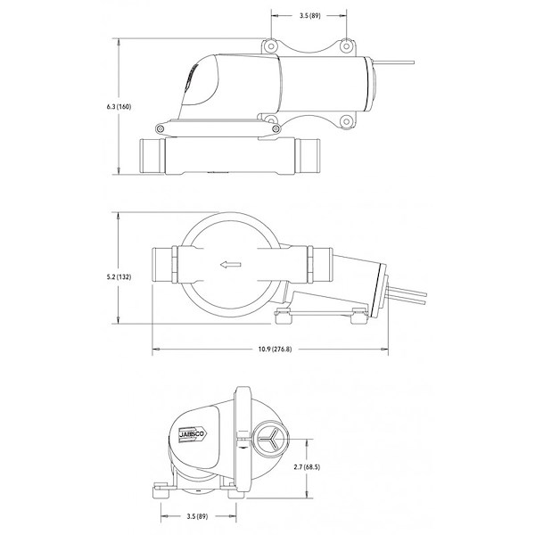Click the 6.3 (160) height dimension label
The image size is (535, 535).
[119, 107]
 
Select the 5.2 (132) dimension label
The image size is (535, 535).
[119, 277]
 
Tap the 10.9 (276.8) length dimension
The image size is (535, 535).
[275, 349]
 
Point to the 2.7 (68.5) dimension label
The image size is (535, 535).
[307, 466]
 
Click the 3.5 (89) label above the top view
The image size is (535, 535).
[309, 16]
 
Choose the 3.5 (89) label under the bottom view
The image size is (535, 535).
[197, 516]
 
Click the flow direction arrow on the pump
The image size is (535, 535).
[231, 265]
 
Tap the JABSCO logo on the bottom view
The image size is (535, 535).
[192, 434]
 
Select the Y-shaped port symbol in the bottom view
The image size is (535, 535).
[270, 440]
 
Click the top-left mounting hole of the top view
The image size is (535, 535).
[270, 45]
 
